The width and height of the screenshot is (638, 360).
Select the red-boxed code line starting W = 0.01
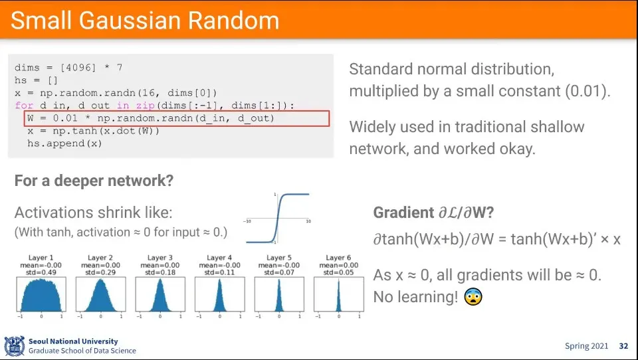click(151, 118)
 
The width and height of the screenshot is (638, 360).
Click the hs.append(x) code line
click(64, 143)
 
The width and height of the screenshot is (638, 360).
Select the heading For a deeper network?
click(94, 181)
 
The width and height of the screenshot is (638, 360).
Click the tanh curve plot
click(278, 219)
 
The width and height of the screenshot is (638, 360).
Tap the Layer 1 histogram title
click(41, 258)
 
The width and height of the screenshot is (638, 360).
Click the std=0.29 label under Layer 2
click(100, 272)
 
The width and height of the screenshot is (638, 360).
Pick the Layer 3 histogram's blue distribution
click(160, 296)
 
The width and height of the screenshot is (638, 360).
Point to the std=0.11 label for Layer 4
click(219, 272)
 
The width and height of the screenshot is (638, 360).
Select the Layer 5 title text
click(278, 258)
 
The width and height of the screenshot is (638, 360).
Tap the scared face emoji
click(473, 296)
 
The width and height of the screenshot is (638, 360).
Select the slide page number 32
click(624, 346)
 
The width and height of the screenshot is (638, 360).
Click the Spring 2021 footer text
click(586, 346)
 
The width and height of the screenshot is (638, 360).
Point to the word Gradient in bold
click(403, 213)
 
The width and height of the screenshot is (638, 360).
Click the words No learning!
click(415, 297)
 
